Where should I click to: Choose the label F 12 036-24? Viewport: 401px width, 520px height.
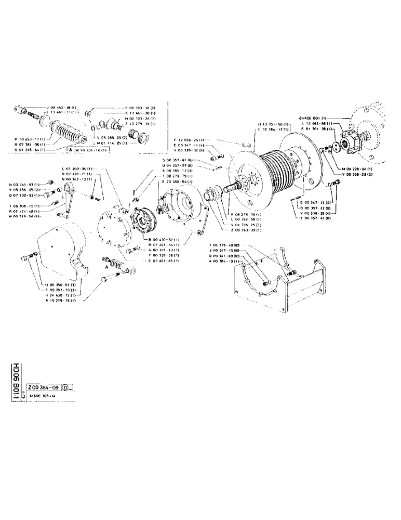(190, 140)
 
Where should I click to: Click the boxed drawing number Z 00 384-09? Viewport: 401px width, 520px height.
(43, 387)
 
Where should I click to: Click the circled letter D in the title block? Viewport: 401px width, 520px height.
(65, 387)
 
